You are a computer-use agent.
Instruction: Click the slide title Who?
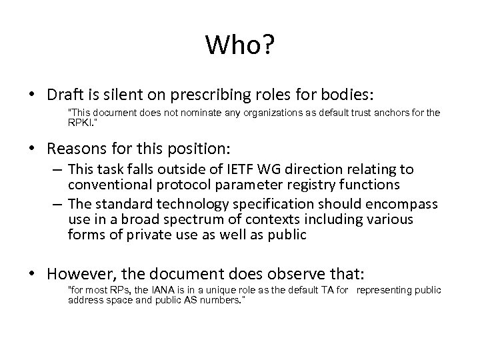(x=240, y=45)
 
